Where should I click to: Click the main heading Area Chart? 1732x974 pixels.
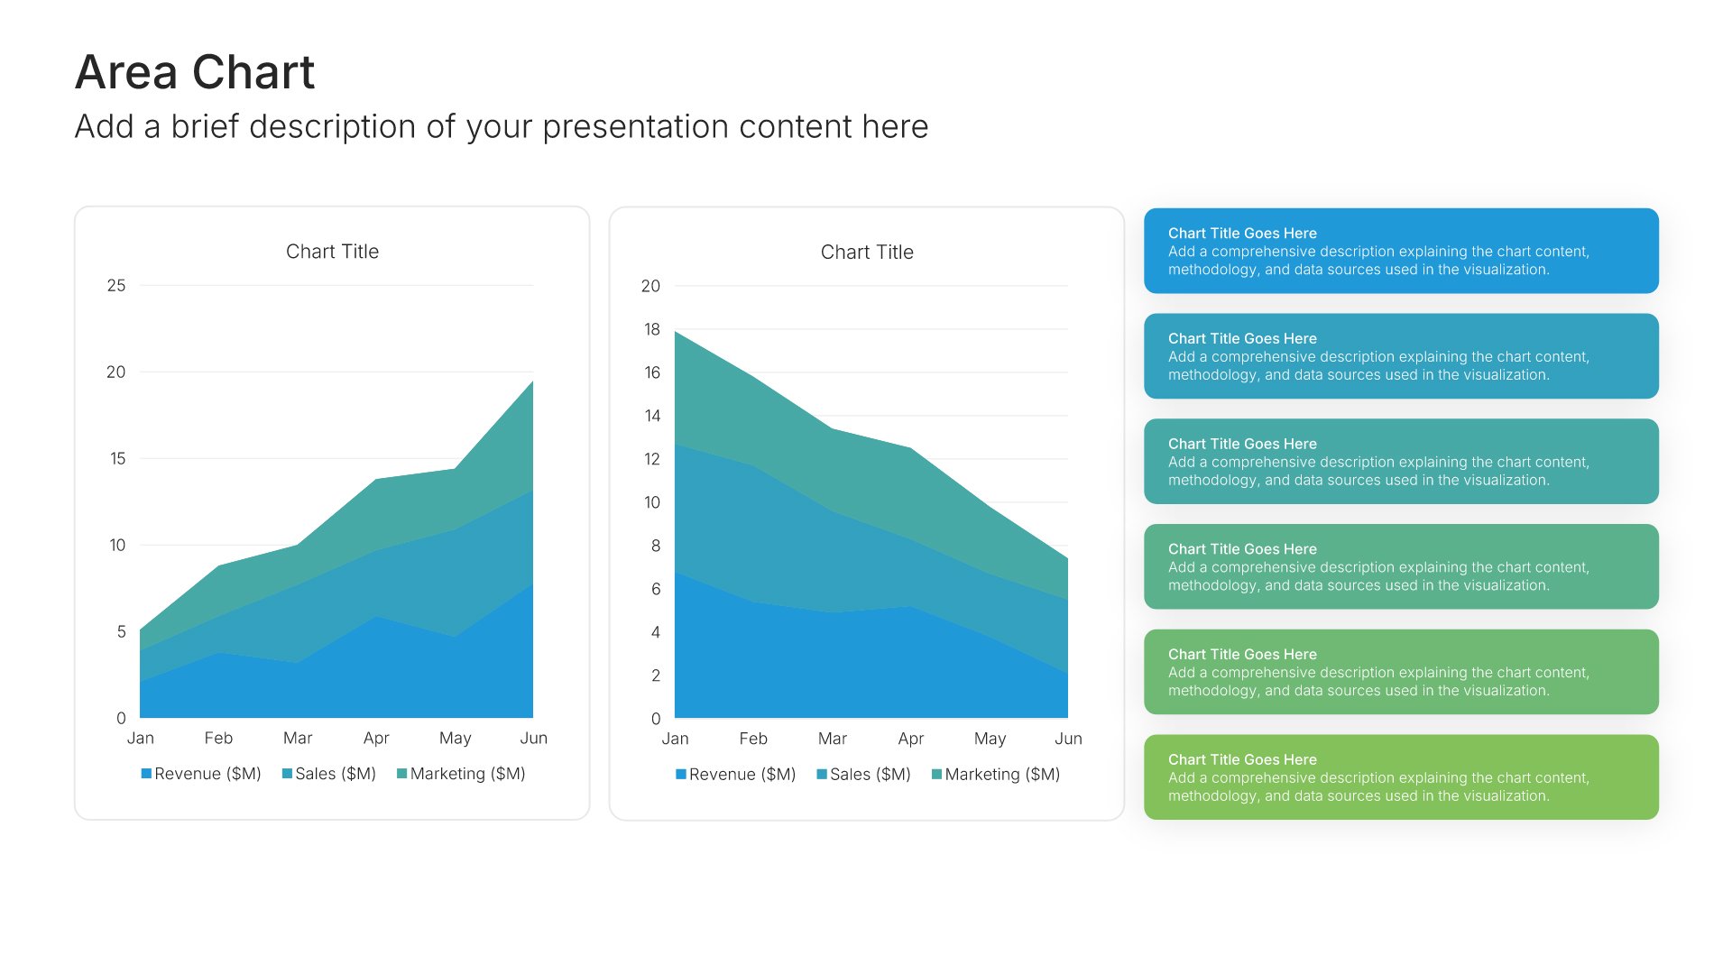(x=195, y=72)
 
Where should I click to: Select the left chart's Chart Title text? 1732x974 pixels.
(x=332, y=252)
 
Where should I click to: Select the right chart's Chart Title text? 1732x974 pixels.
(x=867, y=253)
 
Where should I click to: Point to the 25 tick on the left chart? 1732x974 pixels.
(x=116, y=286)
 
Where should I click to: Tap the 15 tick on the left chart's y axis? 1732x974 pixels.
(x=117, y=458)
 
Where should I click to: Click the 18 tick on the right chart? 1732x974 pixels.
(x=651, y=329)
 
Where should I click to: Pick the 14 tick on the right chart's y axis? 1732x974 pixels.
(x=651, y=416)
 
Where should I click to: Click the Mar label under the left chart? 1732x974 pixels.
(x=298, y=738)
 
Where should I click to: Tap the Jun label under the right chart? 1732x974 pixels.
(x=1068, y=739)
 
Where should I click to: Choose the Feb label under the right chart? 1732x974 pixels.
(x=753, y=739)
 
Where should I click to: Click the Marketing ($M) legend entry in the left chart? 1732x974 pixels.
(x=461, y=774)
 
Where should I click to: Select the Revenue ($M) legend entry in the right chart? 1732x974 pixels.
(x=735, y=775)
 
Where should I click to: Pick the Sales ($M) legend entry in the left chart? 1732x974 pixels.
(x=329, y=774)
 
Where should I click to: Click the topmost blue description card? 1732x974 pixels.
(x=1401, y=251)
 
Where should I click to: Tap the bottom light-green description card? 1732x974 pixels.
(x=1401, y=777)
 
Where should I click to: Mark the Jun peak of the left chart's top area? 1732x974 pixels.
(x=532, y=381)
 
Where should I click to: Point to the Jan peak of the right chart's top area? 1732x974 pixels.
(x=676, y=332)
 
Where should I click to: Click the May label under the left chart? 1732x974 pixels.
(x=455, y=738)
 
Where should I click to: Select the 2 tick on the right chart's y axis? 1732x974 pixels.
(x=656, y=675)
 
